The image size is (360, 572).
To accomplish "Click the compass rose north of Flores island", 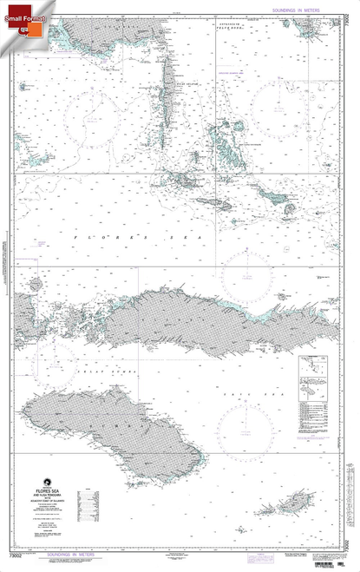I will coord(245,278).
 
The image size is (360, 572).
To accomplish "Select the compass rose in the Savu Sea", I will coord(245,428).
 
